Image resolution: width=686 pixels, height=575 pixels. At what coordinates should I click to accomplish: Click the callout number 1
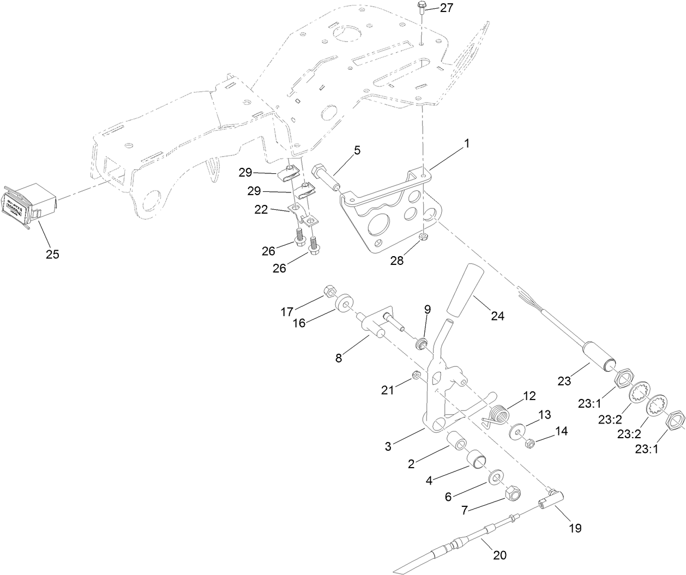click(466, 143)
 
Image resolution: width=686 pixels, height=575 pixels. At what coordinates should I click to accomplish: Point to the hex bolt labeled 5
click(326, 177)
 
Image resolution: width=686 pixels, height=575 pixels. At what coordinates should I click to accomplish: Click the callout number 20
click(500, 555)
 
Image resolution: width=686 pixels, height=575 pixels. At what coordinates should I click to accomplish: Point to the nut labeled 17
click(329, 290)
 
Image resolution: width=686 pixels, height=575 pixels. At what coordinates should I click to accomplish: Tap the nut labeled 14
click(528, 444)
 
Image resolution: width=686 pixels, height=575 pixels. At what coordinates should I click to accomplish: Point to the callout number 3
click(388, 447)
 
